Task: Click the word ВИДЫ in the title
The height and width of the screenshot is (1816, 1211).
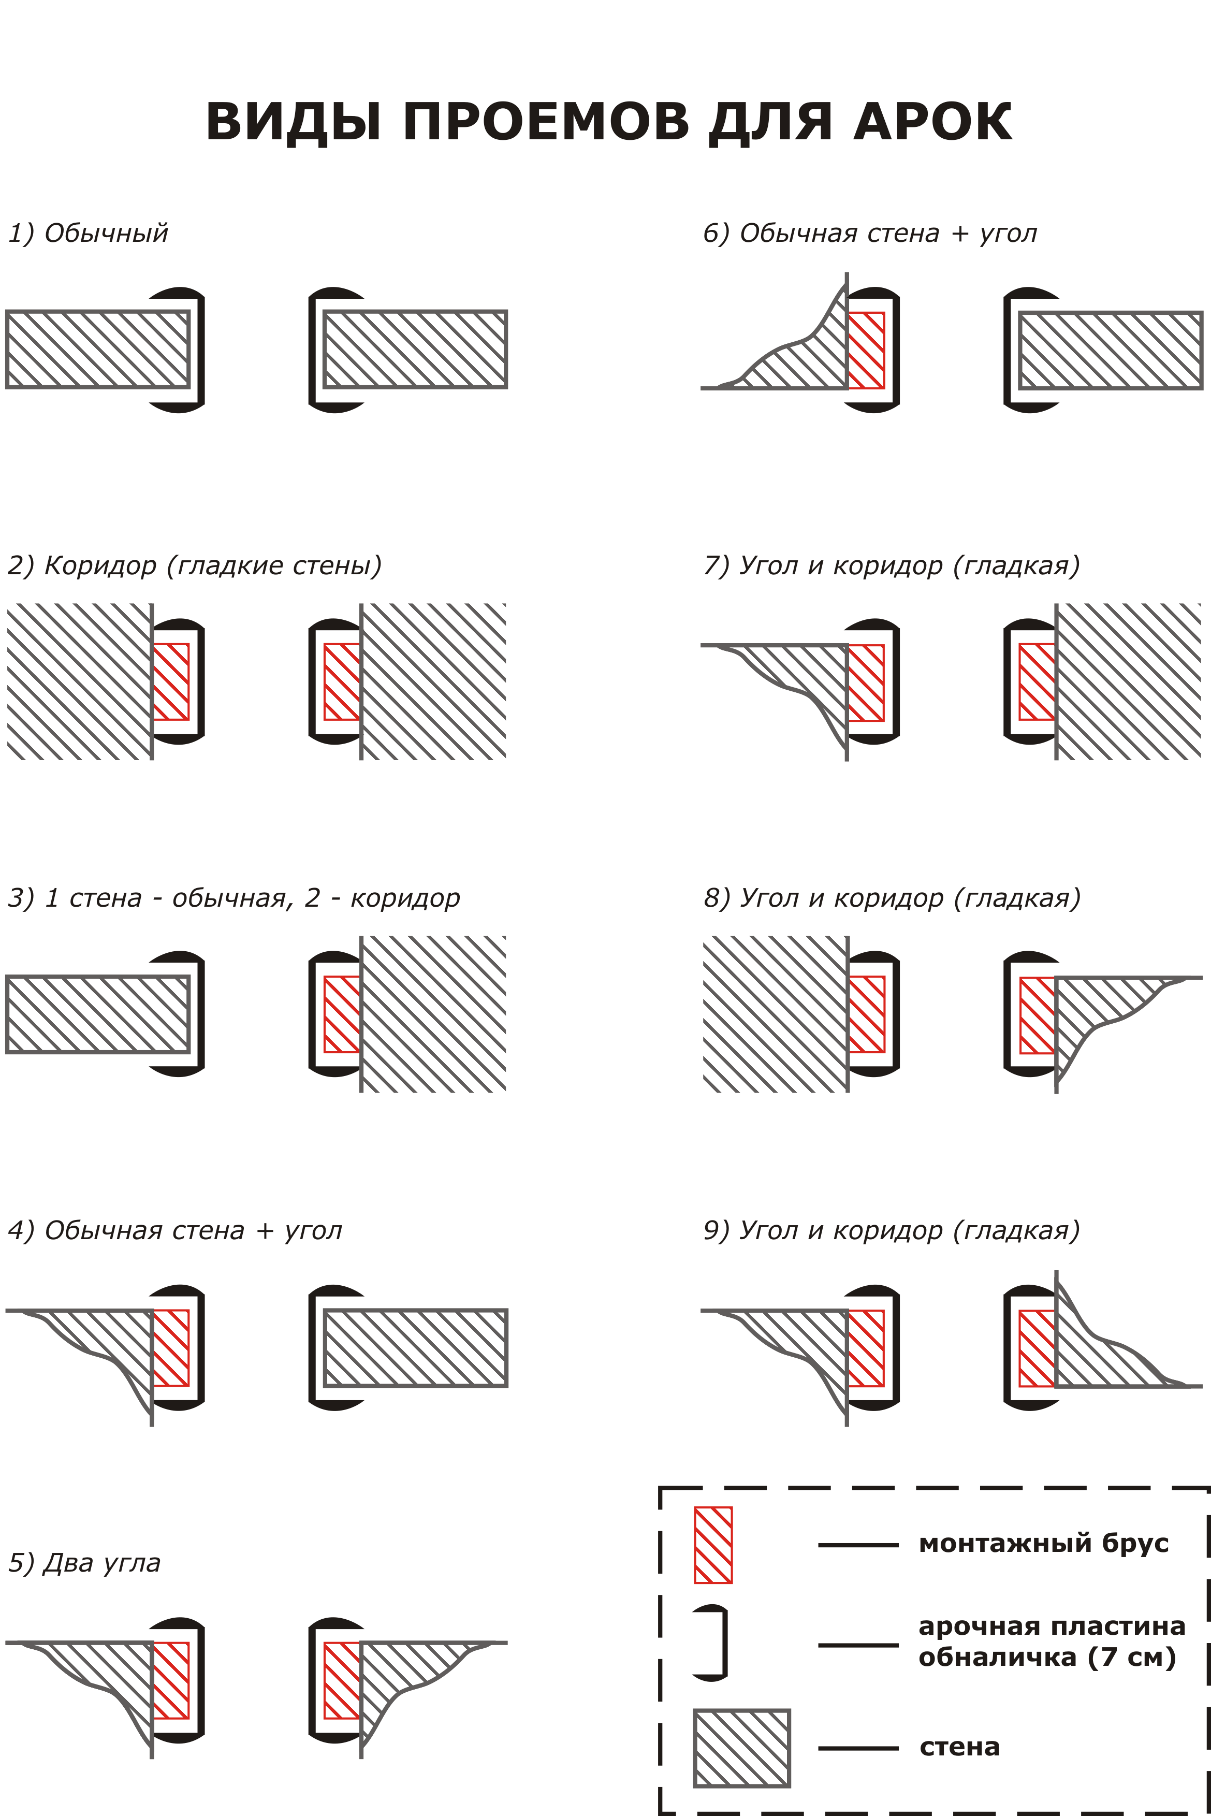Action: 294,122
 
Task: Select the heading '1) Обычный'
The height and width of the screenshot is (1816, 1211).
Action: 88,233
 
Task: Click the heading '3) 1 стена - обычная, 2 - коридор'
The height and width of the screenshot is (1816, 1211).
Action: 233,897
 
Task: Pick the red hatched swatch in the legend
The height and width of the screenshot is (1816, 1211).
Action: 713,1545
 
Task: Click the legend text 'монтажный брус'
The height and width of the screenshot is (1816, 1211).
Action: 1043,1543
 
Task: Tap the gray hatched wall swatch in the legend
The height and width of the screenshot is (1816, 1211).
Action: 741,1747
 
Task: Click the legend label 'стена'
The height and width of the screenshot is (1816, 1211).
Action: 959,1747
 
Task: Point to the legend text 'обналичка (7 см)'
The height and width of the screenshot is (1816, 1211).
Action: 1046,1657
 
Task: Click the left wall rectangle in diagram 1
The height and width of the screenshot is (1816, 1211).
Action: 98,349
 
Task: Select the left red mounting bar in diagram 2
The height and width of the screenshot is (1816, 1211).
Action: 171,681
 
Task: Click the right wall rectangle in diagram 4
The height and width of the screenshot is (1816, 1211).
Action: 416,1347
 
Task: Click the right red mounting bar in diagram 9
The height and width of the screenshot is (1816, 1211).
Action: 1037,1348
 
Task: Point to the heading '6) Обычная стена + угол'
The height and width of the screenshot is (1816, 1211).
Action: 870,233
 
